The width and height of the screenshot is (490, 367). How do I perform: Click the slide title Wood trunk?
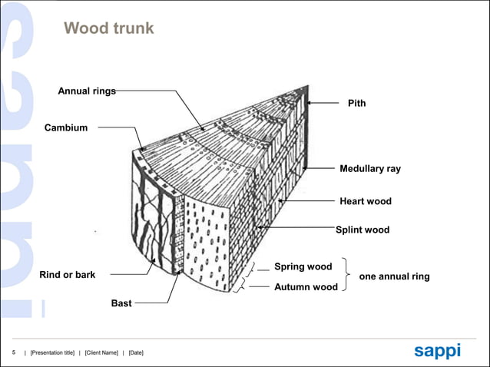point(108,29)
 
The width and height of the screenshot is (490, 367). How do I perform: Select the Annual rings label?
point(87,91)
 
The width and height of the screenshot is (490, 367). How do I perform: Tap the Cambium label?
point(66,127)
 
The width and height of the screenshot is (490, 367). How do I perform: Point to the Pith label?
point(356,103)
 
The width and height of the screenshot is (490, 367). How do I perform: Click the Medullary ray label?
point(369,168)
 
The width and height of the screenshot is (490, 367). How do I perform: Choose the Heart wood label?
point(365,201)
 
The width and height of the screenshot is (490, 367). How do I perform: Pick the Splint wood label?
point(363,230)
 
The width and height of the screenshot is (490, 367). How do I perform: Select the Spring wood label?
point(303,267)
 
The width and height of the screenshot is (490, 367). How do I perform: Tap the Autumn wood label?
point(306,287)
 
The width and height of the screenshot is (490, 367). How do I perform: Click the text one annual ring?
point(394,276)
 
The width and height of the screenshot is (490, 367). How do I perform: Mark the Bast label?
point(121,303)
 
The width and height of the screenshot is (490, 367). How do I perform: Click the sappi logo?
point(437,350)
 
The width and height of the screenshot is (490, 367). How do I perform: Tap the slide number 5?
point(13,352)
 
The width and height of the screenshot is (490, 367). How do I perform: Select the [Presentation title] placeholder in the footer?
point(52,352)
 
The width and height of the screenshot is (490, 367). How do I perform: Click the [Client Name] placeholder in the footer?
point(101,352)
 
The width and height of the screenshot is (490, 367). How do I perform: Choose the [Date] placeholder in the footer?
point(136,352)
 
